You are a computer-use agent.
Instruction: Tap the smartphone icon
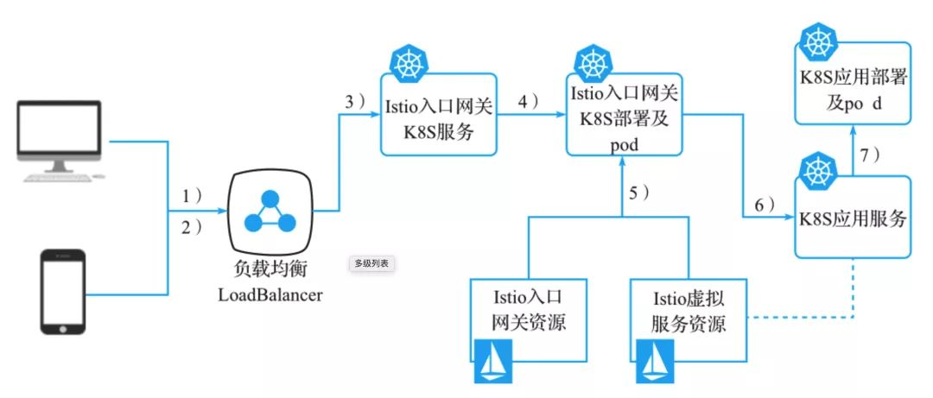63,292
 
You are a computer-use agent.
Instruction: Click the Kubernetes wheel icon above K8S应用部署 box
815,41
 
